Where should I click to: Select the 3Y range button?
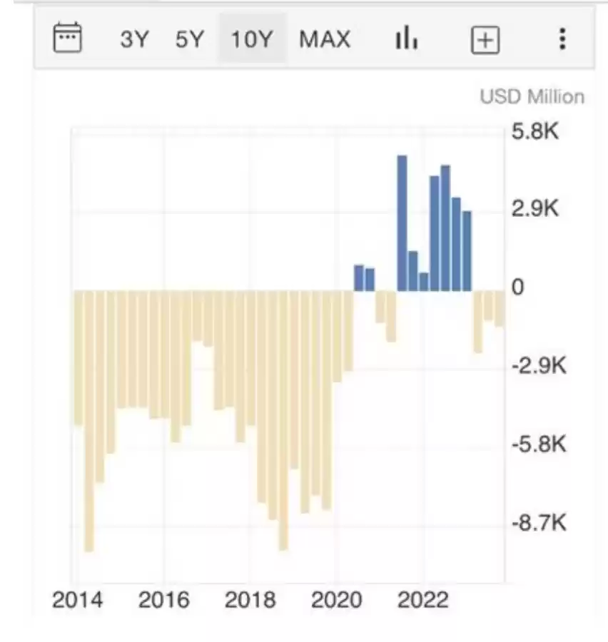coord(135,39)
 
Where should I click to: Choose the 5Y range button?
coord(190,39)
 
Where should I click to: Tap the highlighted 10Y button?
coord(252,39)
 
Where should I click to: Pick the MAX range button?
coord(325,39)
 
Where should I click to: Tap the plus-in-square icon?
coord(485,40)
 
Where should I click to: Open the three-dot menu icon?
coord(563,39)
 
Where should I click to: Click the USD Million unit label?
coord(532,97)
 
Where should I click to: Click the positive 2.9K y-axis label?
coord(534,210)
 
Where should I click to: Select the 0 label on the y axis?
coord(518,288)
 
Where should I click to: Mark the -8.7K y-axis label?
coord(539,524)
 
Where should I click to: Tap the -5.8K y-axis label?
coord(539,445)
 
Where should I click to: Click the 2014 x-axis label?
coord(77,601)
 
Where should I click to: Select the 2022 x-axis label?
coord(423,601)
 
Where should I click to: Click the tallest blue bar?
coord(402,223)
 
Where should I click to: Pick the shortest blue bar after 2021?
coord(424,282)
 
